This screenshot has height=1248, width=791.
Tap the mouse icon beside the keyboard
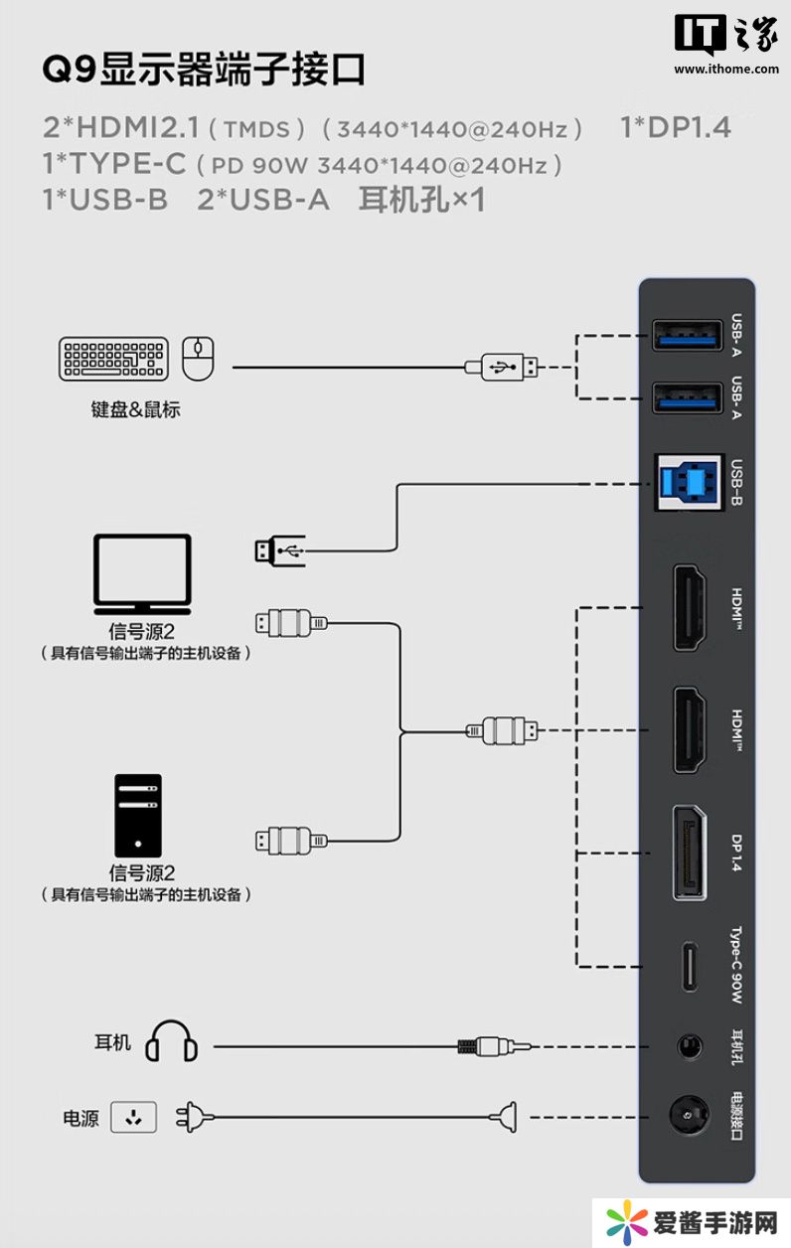point(199,359)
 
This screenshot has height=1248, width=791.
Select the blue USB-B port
point(689,483)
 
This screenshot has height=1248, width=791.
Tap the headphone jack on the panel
point(688,1046)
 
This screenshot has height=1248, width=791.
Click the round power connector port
point(687,1118)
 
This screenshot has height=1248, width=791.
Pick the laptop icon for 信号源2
point(142,574)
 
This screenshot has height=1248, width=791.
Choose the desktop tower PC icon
point(137,815)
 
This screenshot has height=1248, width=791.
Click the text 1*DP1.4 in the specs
point(676,127)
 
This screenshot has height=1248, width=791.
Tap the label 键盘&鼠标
point(136,409)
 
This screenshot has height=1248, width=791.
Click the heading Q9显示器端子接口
point(205,71)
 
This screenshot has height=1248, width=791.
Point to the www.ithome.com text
point(726,69)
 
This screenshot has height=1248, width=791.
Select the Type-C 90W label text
point(736,966)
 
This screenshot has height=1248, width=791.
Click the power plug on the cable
point(194,1118)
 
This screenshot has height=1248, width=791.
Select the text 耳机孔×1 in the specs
point(421,200)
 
